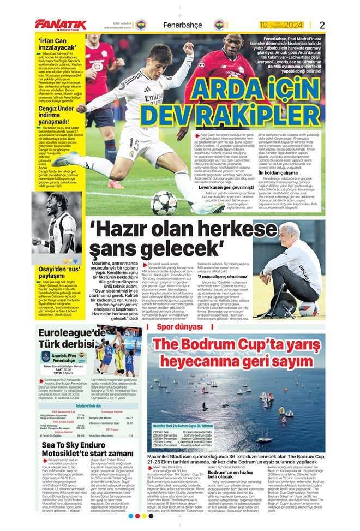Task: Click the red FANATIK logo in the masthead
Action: tap(61, 24)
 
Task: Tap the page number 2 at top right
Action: tap(322, 25)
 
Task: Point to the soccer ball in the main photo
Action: tap(164, 202)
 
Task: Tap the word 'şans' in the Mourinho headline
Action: tap(109, 249)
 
